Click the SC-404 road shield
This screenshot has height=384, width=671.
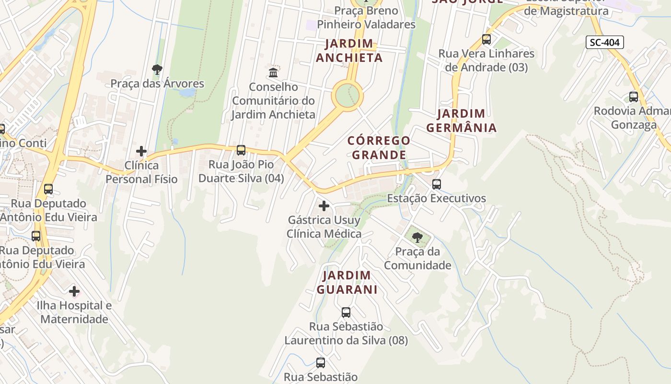click(x=604, y=42)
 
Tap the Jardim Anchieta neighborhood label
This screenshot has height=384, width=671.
click(x=349, y=51)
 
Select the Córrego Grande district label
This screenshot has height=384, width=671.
click(x=379, y=148)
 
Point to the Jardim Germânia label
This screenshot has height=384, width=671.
click(x=461, y=121)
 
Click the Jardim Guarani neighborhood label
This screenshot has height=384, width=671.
click(x=347, y=283)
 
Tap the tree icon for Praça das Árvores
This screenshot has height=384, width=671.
click(x=157, y=70)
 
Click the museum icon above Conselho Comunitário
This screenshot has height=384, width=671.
click(x=273, y=72)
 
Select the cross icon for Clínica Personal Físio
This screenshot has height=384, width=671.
click(x=141, y=151)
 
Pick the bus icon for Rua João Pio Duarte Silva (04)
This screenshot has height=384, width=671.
click(x=241, y=150)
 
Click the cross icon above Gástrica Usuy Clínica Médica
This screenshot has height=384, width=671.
click(x=324, y=206)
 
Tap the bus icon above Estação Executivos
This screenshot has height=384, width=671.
click(x=436, y=184)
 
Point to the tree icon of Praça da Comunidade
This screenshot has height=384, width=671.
click(x=417, y=237)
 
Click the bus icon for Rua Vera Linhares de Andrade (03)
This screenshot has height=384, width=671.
click(x=486, y=39)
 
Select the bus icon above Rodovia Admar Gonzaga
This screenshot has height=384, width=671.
click(x=633, y=97)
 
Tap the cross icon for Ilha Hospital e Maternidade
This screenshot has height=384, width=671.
click(x=74, y=291)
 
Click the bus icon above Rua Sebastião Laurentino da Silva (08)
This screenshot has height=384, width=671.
click(x=346, y=312)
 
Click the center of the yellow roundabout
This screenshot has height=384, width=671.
click(x=347, y=95)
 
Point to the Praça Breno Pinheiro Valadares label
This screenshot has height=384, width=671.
click(x=367, y=17)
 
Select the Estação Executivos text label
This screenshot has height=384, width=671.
click(x=436, y=198)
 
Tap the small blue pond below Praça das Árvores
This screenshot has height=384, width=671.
click(x=187, y=92)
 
